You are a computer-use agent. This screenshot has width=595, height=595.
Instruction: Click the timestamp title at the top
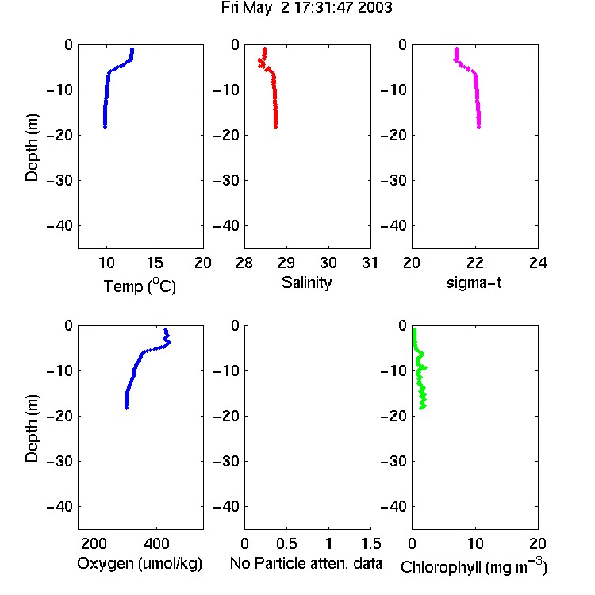(x=306, y=8)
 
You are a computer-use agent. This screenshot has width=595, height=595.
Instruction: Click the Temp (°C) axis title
(x=140, y=286)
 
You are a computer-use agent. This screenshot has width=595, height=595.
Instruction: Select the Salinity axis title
(x=306, y=282)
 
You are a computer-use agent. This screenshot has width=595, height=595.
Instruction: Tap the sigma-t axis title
(x=474, y=282)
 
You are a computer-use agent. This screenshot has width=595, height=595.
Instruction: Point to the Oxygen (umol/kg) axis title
(x=140, y=563)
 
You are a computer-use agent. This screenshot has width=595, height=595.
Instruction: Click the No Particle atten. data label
(x=306, y=563)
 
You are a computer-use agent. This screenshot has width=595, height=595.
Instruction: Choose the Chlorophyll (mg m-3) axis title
(x=474, y=566)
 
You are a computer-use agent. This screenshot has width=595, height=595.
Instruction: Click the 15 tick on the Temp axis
(x=155, y=263)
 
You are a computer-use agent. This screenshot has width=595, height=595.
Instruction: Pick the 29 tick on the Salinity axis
(x=286, y=263)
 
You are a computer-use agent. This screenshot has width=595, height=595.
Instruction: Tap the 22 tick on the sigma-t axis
(x=474, y=263)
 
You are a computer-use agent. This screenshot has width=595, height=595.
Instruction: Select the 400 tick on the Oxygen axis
(x=156, y=543)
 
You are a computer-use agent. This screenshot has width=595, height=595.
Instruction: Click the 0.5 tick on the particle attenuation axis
(x=286, y=543)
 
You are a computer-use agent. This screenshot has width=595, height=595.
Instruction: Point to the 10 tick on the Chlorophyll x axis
(x=475, y=543)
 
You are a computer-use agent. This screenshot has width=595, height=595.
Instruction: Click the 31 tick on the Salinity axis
(x=370, y=263)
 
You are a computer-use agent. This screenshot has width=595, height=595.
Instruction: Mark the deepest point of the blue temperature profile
(x=105, y=127)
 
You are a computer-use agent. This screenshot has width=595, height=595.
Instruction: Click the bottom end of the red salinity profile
(x=276, y=127)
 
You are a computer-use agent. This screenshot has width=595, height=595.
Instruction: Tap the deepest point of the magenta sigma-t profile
(x=479, y=127)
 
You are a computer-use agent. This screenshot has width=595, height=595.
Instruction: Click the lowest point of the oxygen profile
(x=126, y=408)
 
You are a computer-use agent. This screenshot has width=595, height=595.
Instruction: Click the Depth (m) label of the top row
(x=32, y=148)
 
